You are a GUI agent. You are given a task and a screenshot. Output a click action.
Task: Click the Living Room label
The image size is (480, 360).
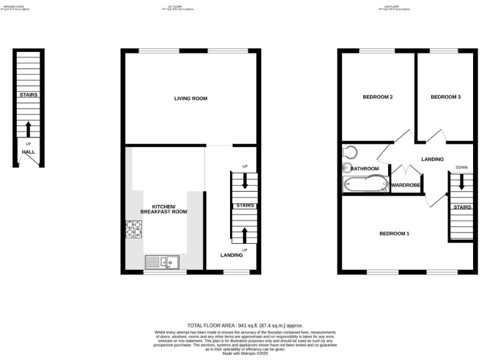point(191,99)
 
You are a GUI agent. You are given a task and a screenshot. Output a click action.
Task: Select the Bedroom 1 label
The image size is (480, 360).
point(394,234)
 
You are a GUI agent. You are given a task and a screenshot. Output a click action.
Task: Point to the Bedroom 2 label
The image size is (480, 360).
point(378,97)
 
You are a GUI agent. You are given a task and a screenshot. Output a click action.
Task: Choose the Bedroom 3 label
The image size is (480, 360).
point(446,97)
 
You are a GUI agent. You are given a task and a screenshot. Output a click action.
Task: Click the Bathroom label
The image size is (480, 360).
point(364,169)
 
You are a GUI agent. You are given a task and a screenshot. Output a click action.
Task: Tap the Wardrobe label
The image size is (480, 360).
point(405,186)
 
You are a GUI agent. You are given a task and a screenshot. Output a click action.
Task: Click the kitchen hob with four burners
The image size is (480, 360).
point(134,229)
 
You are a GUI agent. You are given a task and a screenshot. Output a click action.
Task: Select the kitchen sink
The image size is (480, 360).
point(162,262)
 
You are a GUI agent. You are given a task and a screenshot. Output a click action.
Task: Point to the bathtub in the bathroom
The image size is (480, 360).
point(365,184)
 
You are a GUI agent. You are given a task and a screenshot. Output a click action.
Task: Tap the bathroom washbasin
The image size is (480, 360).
point(347,167)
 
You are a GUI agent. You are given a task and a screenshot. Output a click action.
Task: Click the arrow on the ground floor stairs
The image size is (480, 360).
point(28,129)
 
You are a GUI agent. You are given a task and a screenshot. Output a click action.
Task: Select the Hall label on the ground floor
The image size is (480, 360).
point(28,152)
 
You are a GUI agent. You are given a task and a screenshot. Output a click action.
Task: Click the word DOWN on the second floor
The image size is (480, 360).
point(462,167)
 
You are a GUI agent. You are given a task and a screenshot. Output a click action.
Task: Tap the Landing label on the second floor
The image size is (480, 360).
point(432,159)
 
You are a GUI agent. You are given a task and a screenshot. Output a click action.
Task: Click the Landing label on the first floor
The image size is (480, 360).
point(231,255)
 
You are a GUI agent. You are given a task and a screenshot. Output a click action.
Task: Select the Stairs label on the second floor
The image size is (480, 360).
point(462,207)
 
